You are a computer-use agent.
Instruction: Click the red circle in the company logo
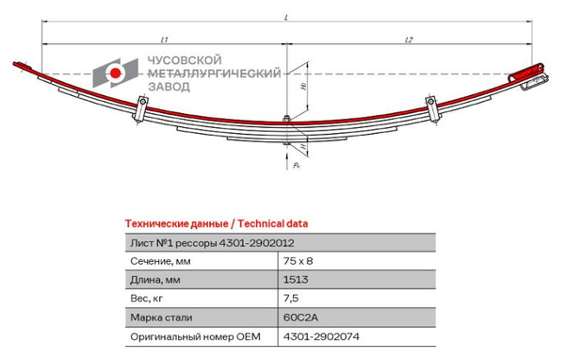(115, 74)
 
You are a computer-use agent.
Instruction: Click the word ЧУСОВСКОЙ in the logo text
(185, 60)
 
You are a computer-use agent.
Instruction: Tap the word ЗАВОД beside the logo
(169, 87)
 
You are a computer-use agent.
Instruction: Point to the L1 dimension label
(164, 40)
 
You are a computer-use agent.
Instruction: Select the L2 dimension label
(409, 40)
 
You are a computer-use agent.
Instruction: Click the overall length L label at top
(286, 17)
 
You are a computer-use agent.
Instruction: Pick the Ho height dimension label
(305, 86)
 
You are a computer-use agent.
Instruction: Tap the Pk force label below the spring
(297, 165)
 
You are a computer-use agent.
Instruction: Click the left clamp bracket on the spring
(141, 108)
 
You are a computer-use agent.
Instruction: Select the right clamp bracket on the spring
(433, 108)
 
